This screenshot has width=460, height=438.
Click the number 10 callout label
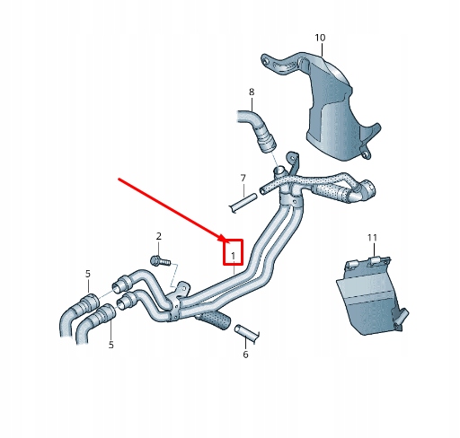320,38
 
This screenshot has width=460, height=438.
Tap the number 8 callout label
252,92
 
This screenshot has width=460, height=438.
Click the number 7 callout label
243,178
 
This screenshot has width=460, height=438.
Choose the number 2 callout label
159,236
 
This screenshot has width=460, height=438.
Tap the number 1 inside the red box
234,256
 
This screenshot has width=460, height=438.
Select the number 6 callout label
244,355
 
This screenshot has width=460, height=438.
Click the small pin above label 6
245,334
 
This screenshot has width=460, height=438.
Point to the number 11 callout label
373,238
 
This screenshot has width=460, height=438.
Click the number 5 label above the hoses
87,274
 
